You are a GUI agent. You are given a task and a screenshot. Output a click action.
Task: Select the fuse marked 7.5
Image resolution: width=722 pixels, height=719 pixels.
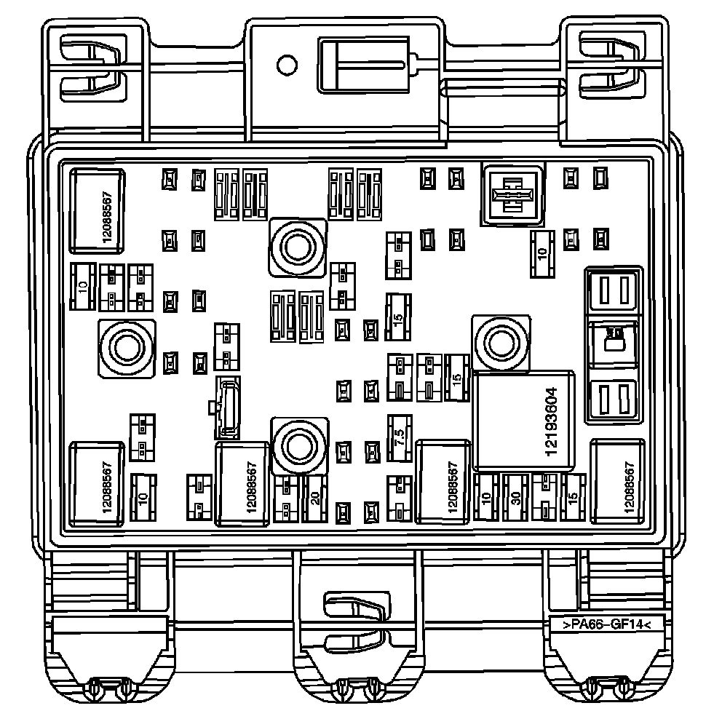coord(398,437)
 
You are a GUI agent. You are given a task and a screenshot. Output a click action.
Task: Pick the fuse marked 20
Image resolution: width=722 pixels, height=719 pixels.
coord(314,498)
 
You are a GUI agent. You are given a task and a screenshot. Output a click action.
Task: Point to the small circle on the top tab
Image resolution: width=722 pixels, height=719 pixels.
coord(287,65)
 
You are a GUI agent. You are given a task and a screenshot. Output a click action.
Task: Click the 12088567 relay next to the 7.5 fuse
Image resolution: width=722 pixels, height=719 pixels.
coord(443,481)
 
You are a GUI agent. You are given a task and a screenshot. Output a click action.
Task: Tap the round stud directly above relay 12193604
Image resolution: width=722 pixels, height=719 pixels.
coord(500,341)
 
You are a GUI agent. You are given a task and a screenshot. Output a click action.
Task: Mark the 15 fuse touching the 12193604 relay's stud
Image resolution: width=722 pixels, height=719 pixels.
coord(456,378)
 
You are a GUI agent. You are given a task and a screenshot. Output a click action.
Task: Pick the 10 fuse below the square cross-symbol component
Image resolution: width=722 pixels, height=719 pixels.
coord(541,254)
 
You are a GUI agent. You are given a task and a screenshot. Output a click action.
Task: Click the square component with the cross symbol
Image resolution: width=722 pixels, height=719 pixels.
coord(512,194)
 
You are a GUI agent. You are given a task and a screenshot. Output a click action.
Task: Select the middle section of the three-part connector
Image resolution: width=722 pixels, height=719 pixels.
coord(613,343)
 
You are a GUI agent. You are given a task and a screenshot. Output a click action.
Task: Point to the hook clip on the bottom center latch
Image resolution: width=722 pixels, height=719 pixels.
coord(355,613)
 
